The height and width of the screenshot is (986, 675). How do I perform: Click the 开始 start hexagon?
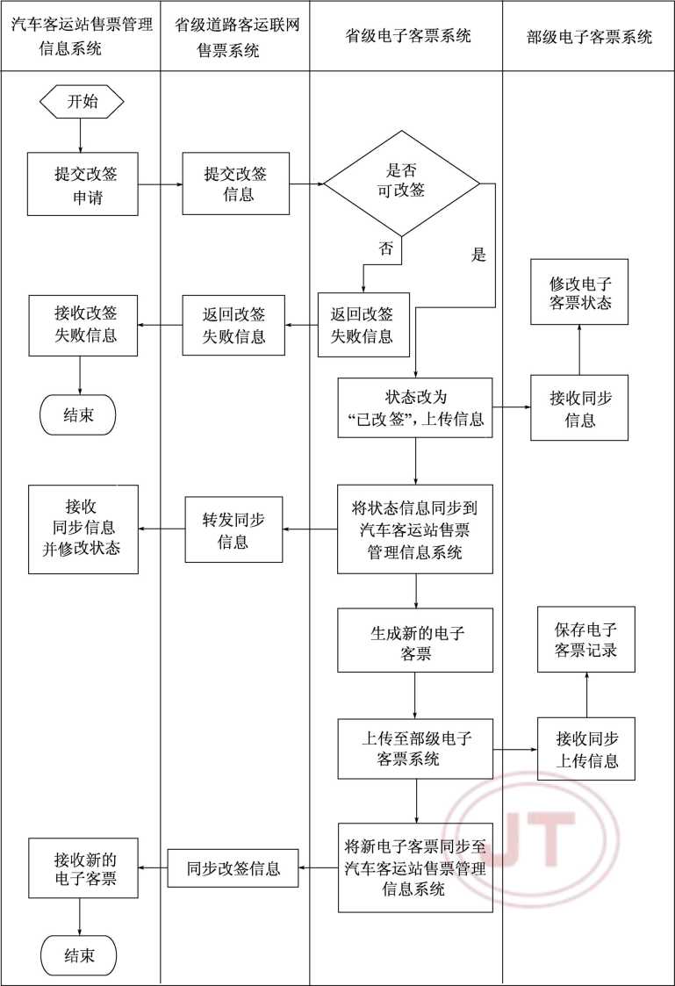[x=82, y=101]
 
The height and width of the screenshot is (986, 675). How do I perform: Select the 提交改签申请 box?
[x=83, y=184]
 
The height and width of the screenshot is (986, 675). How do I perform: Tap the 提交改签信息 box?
[x=235, y=184]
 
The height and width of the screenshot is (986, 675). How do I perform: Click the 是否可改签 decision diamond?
[x=403, y=184]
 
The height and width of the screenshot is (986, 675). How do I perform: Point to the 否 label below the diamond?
[x=385, y=248]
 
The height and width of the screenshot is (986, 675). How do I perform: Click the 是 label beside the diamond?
[x=478, y=255]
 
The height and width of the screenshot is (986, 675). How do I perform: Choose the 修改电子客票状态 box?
[x=579, y=292]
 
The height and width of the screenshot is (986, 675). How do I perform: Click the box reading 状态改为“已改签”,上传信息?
[x=415, y=408]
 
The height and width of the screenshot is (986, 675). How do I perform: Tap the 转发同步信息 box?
[x=233, y=529]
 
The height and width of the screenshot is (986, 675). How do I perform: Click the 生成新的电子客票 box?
[x=415, y=641]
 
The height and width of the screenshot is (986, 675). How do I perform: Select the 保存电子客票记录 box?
[x=585, y=639]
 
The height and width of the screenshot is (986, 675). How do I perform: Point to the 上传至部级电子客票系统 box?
[x=415, y=749]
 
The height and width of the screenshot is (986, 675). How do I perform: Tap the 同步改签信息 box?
[x=233, y=868]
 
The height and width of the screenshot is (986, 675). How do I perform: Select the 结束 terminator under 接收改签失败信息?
[x=79, y=415]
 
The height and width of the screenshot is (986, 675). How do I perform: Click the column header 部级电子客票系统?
[x=589, y=37]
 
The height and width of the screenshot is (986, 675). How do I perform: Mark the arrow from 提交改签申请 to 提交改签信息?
[x=160, y=184]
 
